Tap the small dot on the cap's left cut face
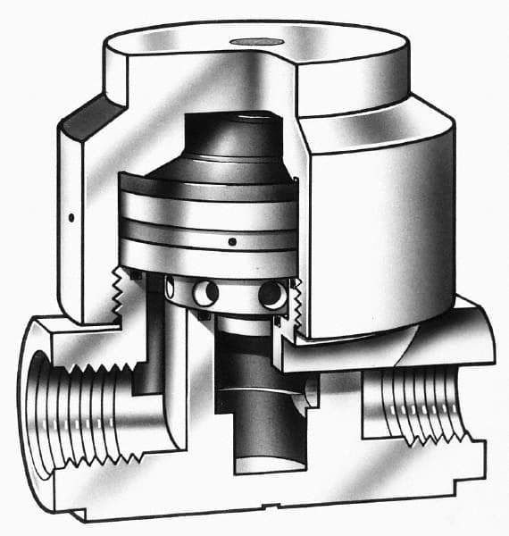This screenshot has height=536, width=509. pyautogui.click(x=70, y=217)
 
